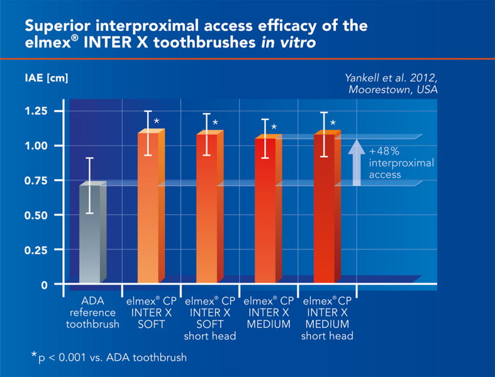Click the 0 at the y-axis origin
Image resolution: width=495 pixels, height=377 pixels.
(x=44, y=285)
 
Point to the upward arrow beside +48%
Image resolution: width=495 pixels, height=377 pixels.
(x=356, y=162)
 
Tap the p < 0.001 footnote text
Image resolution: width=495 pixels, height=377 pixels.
(x=111, y=358)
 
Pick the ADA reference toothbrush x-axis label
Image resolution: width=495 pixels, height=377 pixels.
(x=92, y=312)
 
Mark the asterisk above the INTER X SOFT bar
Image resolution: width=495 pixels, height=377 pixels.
(x=157, y=121)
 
